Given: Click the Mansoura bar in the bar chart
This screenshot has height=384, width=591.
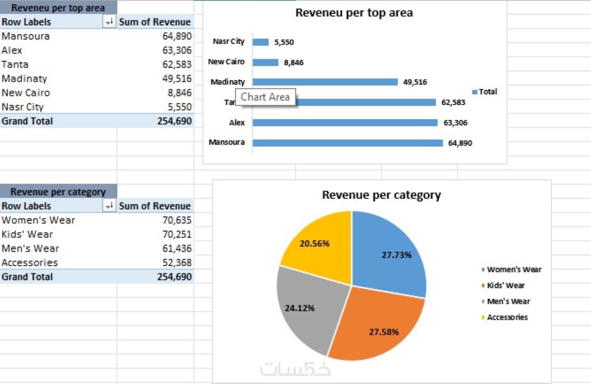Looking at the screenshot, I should [348, 143].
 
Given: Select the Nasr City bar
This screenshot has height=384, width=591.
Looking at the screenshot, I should [260, 42].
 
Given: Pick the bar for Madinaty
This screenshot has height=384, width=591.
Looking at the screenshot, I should [325, 82].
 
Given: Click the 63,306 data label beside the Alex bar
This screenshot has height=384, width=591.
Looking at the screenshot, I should [455, 123].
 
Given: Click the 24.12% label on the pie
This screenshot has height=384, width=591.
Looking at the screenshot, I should [299, 308].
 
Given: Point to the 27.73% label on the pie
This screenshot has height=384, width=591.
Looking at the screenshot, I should [396, 255].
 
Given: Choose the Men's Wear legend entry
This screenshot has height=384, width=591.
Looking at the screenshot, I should [508, 302].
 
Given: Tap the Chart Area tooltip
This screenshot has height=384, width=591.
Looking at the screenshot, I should [265, 97].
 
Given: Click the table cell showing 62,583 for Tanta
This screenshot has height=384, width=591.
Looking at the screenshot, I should [177, 65].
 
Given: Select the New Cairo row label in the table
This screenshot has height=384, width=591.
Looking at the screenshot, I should [26, 93].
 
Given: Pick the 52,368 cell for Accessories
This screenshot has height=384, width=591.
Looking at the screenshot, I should [177, 263].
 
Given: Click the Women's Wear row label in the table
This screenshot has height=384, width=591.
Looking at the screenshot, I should [38, 220].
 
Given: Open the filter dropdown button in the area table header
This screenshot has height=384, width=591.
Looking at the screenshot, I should [109, 22].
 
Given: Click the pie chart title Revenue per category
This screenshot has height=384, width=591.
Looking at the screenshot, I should [381, 195].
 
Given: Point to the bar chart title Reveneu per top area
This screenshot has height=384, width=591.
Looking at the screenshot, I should [354, 13].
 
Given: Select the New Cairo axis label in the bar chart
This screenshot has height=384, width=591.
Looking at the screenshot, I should [226, 62].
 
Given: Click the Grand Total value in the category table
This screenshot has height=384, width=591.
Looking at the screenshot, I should [174, 277].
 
